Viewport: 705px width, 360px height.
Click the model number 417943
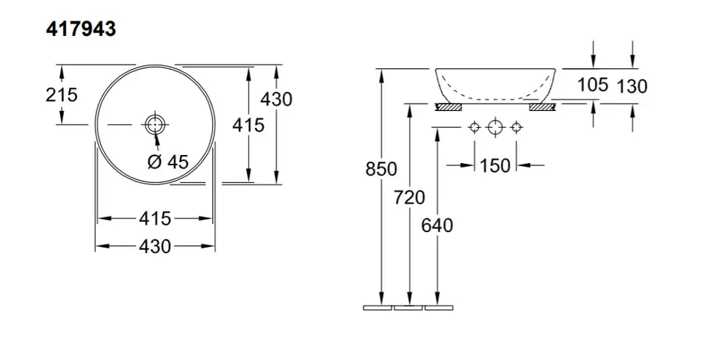pos(81,29)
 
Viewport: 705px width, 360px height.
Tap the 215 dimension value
pos(62,95)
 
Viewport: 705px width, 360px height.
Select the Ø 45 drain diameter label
pos(168,162)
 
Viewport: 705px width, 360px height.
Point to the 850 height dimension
pos(381,169)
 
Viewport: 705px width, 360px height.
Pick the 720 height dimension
pos(409,197)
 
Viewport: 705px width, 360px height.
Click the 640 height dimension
pos(437,226)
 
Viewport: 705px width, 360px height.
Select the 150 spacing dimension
pos(495,165)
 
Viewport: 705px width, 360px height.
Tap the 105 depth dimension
pos(593,84)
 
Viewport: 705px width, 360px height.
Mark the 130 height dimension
pos(632,86)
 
